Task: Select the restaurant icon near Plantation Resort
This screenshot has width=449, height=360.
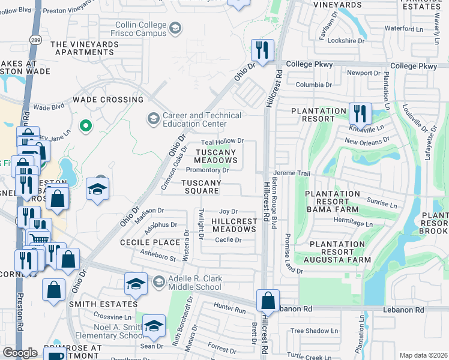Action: pyautogui.click(x=360, y=113)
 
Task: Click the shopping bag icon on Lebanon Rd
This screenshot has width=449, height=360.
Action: pyautogui.click(x=268, y=300)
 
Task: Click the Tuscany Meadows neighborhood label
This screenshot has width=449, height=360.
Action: pyautogui.click(x=216, y=156)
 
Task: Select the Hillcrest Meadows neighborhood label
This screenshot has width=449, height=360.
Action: pyautogui.click(x=234, y=226)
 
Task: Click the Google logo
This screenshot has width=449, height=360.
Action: pyautogui.click(x=20, y=353)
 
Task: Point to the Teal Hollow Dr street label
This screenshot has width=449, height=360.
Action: pyautogui.click(x=222, y=141)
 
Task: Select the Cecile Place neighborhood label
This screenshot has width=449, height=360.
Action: pyautogui.click(x=150, y=242)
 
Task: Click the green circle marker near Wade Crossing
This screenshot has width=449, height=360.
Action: pyautogui.click(x=86, y=126)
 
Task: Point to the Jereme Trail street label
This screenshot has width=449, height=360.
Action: pyautogui.click(x=292, y=173)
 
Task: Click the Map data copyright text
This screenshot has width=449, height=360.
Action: pyautogui.click(x=423, y=355)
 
